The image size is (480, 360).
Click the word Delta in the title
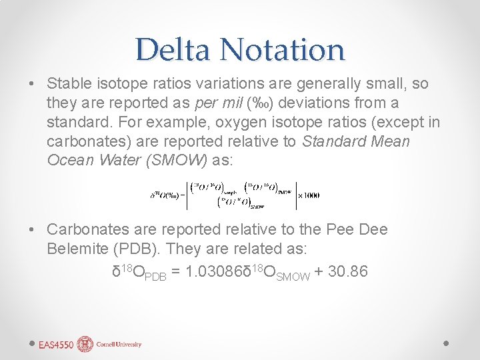point(172,50)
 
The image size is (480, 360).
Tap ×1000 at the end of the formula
point(307,195)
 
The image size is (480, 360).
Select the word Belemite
point(75,249)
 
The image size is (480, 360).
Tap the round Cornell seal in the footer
point(85,344)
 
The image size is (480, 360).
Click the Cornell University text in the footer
point(118,345)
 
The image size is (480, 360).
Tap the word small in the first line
point(391,85)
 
